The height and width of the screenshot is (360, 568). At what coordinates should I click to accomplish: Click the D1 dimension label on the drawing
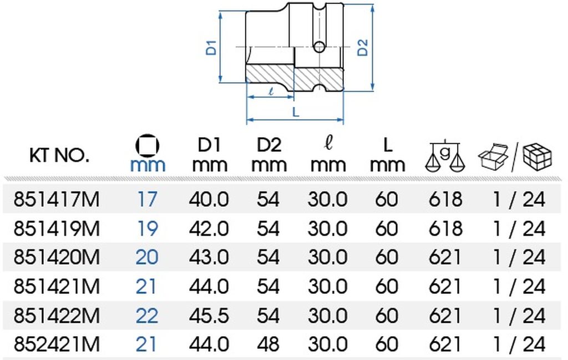point(211,48)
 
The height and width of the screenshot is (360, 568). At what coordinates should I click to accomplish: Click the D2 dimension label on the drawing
point(363,47)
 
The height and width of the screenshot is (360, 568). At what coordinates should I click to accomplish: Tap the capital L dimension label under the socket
point(296,112)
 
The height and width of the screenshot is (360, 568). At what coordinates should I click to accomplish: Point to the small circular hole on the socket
point(319,47)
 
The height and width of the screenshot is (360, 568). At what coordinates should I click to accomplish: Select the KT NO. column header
point(59,155)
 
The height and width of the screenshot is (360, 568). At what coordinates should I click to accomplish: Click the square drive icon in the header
point(147,145)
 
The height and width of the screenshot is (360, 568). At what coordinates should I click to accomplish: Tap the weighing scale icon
point(445,156)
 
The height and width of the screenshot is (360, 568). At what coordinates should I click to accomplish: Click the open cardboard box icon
point(493,156)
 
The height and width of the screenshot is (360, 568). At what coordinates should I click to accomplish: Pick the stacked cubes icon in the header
point(537,157)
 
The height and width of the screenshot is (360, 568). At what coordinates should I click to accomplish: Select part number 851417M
point(56,199)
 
